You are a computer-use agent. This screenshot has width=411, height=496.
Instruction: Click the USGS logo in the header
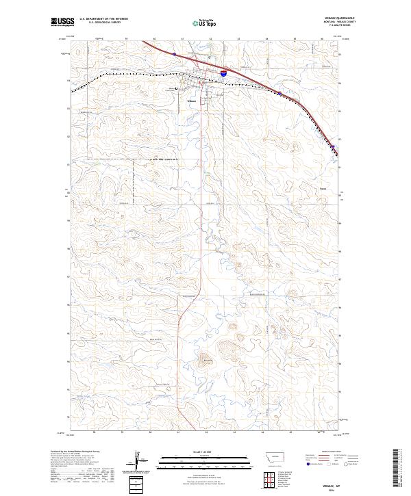tap(62, 22)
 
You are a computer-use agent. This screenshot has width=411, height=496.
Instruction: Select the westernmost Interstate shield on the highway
tap(175, 54)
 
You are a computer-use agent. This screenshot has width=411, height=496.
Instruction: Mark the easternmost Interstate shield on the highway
tap(334, 146)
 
